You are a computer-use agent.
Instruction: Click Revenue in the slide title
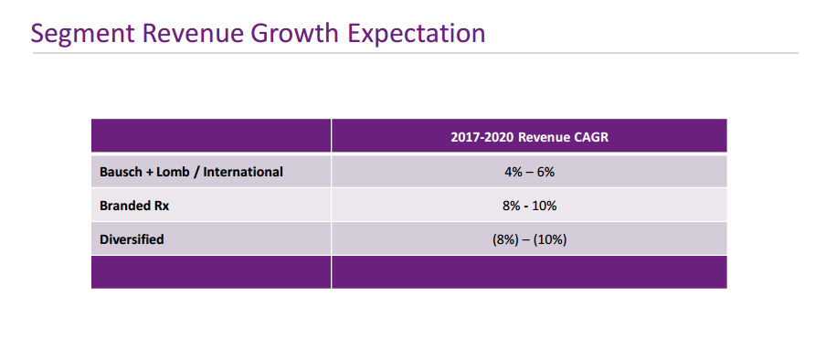click(193, 33)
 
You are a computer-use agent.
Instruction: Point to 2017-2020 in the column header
click(482, 138)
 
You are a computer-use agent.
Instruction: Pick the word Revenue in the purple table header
click(545, 138)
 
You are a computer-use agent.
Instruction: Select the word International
click(243, 172)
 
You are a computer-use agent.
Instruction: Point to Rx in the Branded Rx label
click(160, 206)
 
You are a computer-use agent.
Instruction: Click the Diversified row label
click(132, 239)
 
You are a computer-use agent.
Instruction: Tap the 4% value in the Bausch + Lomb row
click(513, 172)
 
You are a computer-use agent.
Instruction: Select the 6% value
click(545, 172)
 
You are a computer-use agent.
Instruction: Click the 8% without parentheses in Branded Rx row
click(512, 206)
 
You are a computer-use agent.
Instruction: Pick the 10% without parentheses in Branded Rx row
click(545, 206)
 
